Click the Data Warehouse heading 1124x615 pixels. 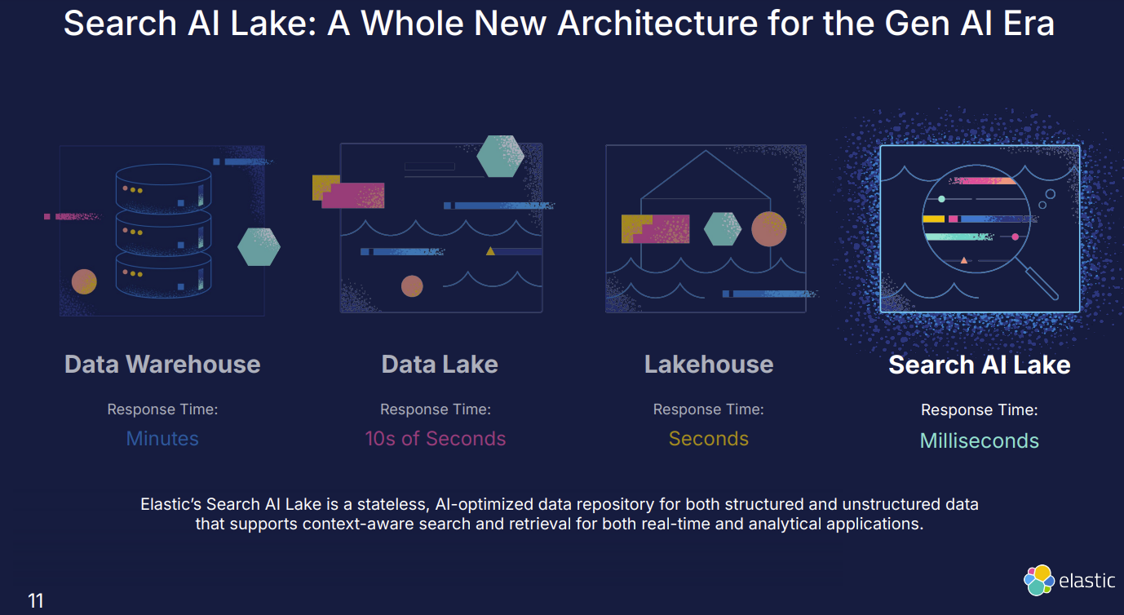[x=162, y=364]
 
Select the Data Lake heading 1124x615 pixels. [x=440, y=364]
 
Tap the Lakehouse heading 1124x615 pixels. [x=709, y=364]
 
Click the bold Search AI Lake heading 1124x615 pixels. [x=980, y=365]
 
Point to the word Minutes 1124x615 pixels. [x=162, y=439]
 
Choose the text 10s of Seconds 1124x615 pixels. [x=435, y=439]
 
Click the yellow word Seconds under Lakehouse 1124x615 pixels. [x=709, y=439]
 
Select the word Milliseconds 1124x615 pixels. [x=980, y=440]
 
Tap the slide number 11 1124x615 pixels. [x=36, y=600]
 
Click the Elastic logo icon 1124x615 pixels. [x=1038, y=581]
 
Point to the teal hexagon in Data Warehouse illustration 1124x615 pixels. [x=259, y=247]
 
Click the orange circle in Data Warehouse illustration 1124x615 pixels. [x=84, y=282]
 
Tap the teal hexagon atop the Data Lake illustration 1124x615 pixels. [x=500, y=156]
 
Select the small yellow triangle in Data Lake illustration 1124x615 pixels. [x=490, y=251]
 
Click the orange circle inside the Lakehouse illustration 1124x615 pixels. [x=768, y=228]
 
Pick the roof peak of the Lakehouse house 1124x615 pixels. [x=706, y=151]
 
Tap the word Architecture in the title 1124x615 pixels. [x=657, y=24]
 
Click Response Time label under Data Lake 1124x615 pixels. [x=436, y=409]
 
